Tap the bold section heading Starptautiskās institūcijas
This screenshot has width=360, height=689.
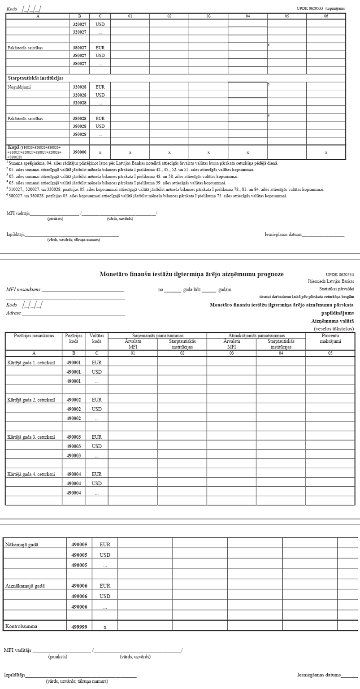point(35,78)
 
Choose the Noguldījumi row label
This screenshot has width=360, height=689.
point(19,87)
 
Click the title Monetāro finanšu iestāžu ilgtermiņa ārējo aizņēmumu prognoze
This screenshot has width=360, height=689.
point(191,274)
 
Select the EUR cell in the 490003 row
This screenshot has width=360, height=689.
point(97,437)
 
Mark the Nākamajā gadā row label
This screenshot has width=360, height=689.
point(22,545)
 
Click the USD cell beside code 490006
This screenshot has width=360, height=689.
point(105,596)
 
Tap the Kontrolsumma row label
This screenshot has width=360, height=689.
point(21,626)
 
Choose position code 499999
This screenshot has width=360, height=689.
point(79,627)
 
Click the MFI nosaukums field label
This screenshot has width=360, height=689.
point(23,289)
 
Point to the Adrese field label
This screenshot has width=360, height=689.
point(13,313)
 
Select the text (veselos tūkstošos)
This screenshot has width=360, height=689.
point(334,329)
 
